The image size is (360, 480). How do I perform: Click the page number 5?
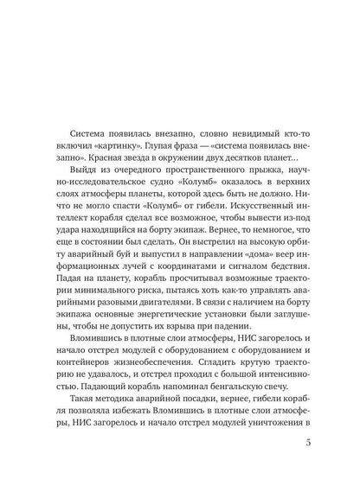click(322, 445)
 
